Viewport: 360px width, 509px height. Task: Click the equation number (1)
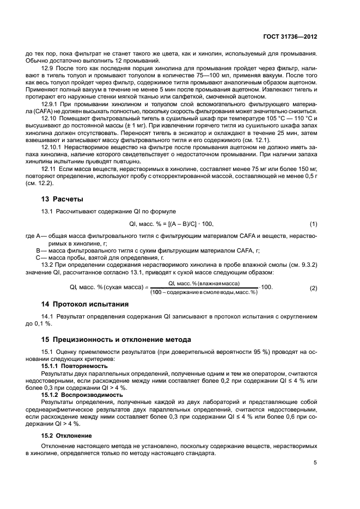313,224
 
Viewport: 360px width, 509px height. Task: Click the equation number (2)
313,287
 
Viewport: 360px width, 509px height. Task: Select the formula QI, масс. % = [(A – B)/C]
172,224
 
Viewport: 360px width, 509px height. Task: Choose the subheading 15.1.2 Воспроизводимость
73,394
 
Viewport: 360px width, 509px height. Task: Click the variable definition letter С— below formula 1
40,257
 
